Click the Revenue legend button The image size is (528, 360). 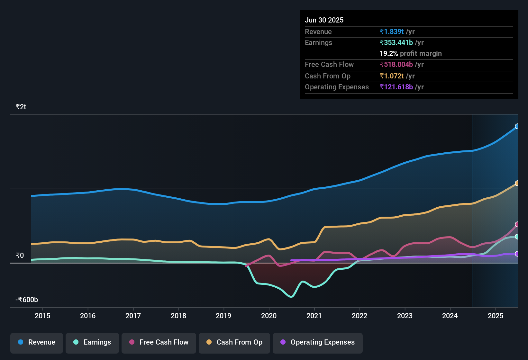[x=37, y=342]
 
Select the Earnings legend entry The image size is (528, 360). [x=92, y=342]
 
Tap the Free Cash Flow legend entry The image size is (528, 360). [x=159, y=342]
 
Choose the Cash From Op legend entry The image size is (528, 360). [x=234, y=342]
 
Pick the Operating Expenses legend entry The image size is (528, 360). [x=318, y=342]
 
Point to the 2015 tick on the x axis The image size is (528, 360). [x=42, y=316]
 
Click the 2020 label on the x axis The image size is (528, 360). [x=269, y=316]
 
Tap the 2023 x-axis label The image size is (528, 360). [x=405, y=316]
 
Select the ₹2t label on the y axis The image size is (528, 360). [x=21, y=107]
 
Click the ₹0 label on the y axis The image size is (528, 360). [x=20, y=255]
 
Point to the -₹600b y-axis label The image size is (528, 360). [x=27, y=300]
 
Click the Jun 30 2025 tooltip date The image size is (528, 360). [x=324, y=20]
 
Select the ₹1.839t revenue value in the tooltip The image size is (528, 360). [x=391, y=32]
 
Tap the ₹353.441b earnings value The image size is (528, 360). [x=396, y=42]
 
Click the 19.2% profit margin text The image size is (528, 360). [x=411, y=53]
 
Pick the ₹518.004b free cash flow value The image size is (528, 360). [x=396, y=64]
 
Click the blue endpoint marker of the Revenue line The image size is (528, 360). [x=517, y=126]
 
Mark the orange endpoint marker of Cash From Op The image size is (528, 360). [x=517, y=183]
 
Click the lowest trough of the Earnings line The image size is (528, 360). [x=291, y=297]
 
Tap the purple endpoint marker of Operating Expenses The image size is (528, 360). [x=517, y=254]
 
